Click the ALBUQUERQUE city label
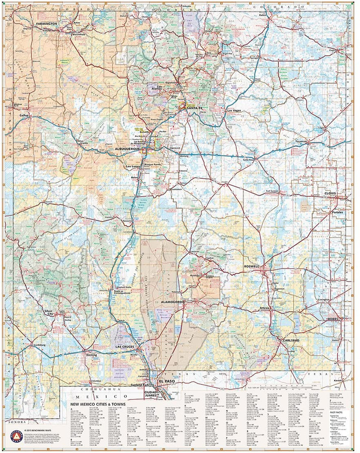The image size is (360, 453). [x=127, y=149]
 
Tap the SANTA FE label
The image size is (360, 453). [x=195, y=108]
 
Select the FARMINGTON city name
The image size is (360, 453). [x=46, y=23]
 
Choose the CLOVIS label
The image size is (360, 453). [x=330, y=193]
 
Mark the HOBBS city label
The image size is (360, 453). [x=333, y=319]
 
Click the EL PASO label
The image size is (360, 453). [x=168, y=381]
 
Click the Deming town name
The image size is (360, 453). [x=92, y=355]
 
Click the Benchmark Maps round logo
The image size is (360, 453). [x=15, y=436]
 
